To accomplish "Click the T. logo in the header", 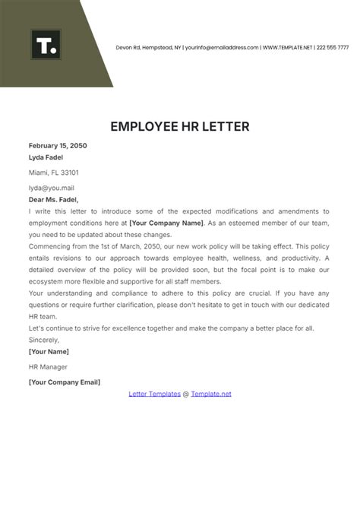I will [x=46, y=45].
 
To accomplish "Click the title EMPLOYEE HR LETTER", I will [x=180, y=126].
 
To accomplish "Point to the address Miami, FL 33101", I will [x=53, y=173].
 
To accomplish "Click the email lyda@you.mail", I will [x=51, y=188].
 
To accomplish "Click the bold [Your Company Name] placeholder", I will [x=166, y=223].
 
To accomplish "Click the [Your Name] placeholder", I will [x=49, y=352].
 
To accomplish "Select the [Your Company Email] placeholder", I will [x=64, y=382].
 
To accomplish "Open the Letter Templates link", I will [x=154, y=394].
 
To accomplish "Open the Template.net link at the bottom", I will [x=211, y=394].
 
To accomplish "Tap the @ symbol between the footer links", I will [x=186, y=394].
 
